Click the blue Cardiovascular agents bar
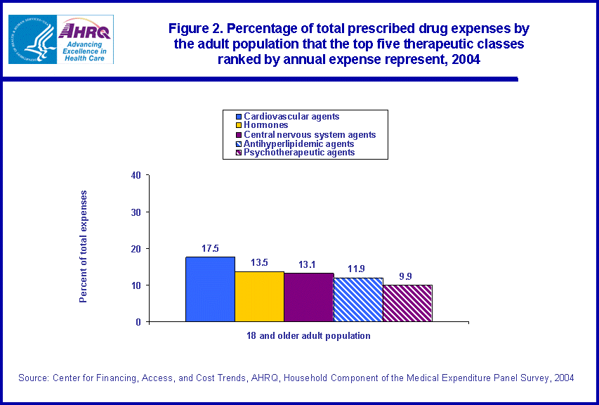click(210, 289)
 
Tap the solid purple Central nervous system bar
click(308, 297)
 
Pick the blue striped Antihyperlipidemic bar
click(357, 300)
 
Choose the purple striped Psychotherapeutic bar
click(407, 303)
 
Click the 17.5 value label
click(210, 249)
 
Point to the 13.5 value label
click(259, 264)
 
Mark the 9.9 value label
click(407, 277)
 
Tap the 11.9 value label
click(357, 269)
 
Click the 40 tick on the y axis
click(136, 175)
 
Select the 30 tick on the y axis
click(136, 212)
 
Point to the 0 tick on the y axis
click(138, 322)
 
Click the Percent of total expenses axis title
click(84, 246)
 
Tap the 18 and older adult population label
click(309, 336)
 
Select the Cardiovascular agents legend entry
click(291, 116)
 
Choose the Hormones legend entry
click(267, 125)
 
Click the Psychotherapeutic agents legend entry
click(299, 152)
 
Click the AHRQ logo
click(85, 40)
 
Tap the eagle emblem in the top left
click(31, 40)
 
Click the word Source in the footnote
click(33, 378)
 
